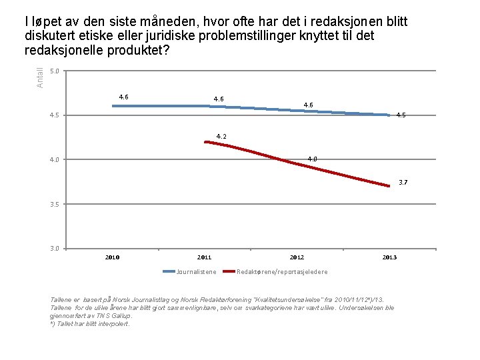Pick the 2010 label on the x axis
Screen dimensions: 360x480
[113, 257]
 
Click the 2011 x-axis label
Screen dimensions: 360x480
[205, 257]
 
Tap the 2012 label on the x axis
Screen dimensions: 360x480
[297, 257]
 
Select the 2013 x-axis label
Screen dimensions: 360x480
[389, 257]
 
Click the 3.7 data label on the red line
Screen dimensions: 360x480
[403, 182]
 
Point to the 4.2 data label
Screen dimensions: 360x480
[221, 137]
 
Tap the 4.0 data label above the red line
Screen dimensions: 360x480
[312, 159]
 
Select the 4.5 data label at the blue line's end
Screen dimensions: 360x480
[401, 115]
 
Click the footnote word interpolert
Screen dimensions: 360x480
[114, 324]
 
